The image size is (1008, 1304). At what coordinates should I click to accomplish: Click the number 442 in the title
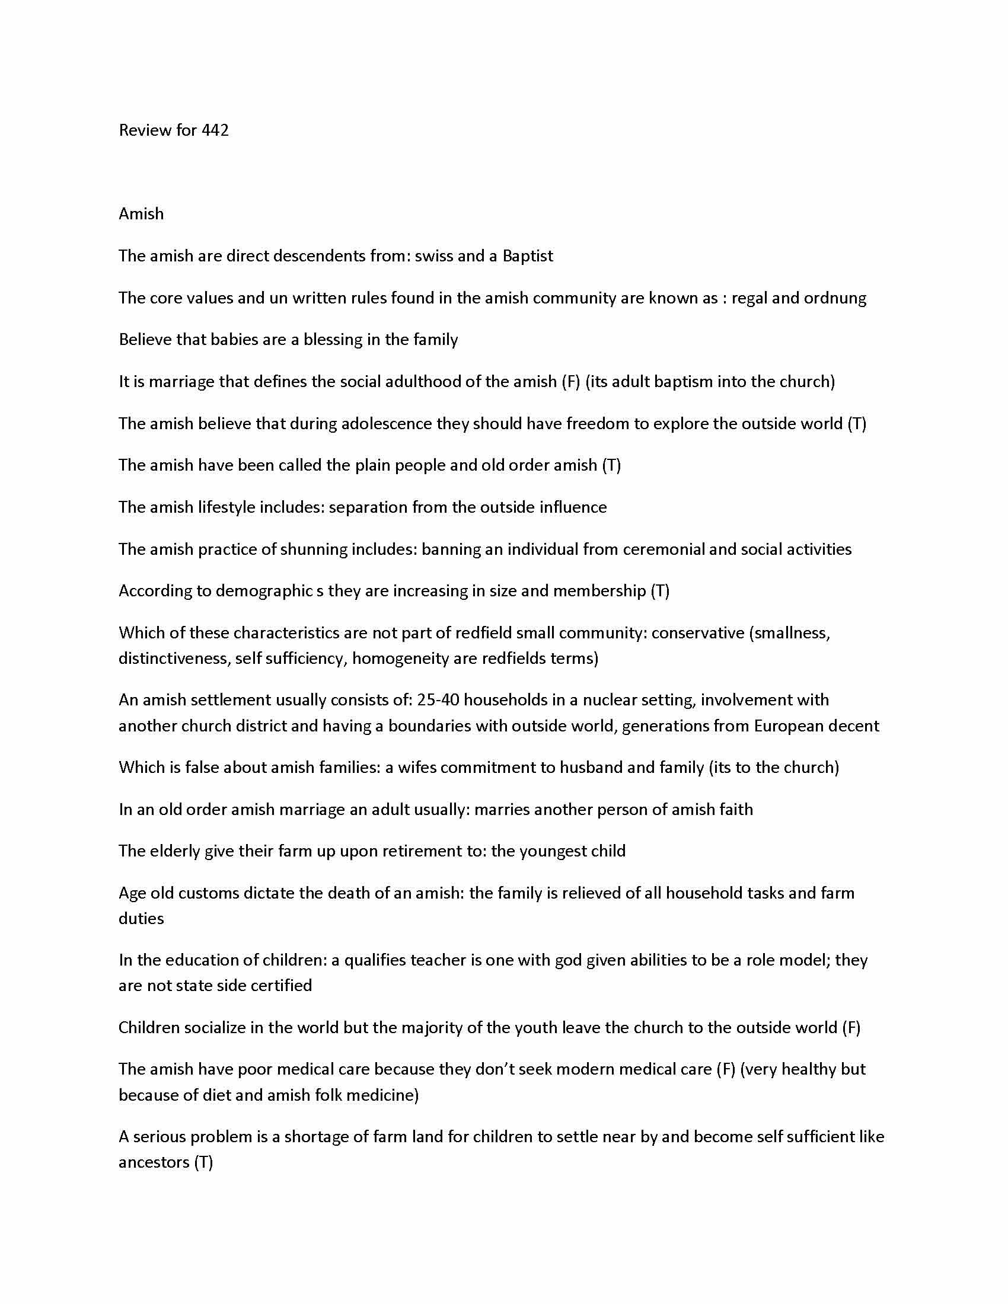(x=215, y=130)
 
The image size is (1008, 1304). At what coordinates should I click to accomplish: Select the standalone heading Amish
(x=141, y=214)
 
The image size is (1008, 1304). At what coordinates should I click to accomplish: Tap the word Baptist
(x=527, y=256)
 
